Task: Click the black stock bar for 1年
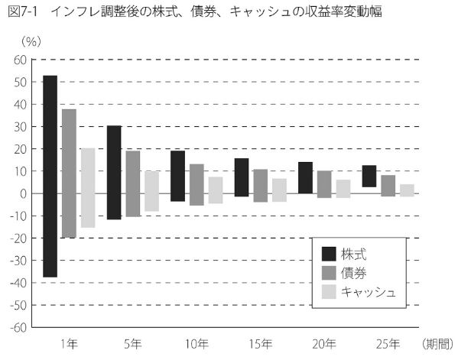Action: (x=50, y=176)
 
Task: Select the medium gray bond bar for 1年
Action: (x=69, y=174)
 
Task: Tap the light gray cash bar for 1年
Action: (x=88, y=188)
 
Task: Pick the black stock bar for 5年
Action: (x=114, y=173)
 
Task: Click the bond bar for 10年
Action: (x=197, y=185)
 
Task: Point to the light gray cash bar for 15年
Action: (x=279, y=190)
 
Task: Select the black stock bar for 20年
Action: (x=305, y=178)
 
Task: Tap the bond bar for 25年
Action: (x=388, y=186)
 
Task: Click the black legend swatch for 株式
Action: (x=330, y=255)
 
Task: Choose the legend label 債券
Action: (x=352, y=273)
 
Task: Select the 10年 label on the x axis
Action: (x=197, y=343)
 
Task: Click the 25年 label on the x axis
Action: (x=388, y=343)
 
